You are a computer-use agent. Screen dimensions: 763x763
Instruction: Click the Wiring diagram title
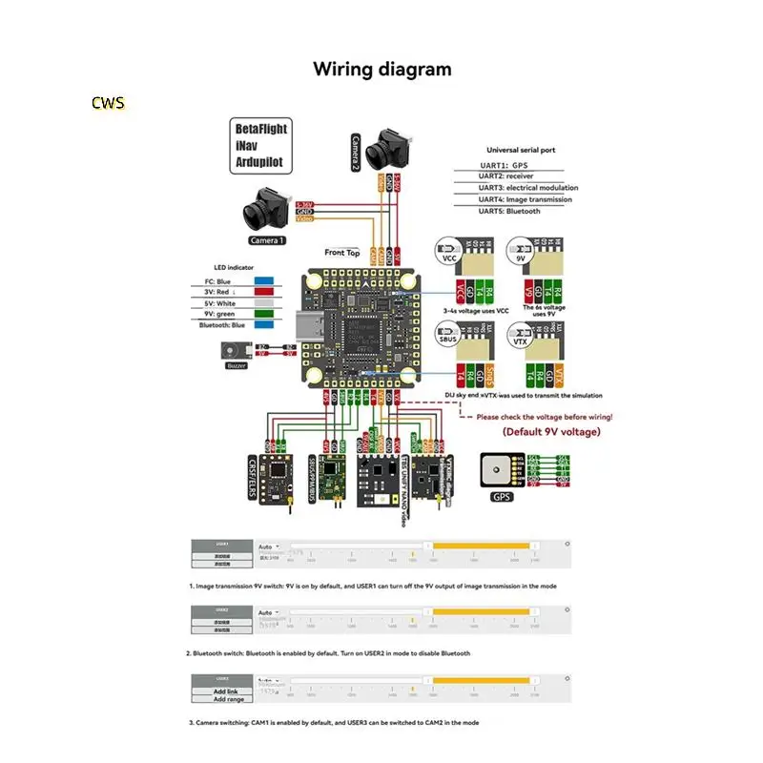pos(381,70)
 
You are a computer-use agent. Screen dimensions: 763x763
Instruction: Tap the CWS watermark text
pos(108,102)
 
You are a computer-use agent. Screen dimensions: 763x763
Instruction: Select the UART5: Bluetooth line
pos(509,211)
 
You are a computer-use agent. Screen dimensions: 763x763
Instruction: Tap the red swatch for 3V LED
pos(263,293)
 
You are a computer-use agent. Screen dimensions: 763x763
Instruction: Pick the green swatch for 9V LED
pos(263,314)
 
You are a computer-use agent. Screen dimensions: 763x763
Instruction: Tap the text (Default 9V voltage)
pos(551,432)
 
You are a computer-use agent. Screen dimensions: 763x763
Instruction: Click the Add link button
pos(225,691)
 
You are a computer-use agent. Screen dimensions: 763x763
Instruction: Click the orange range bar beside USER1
pos(482,545)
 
